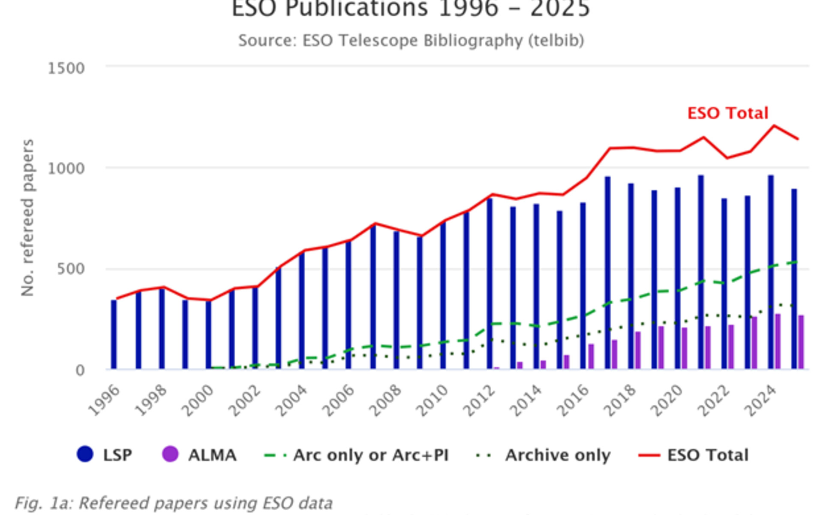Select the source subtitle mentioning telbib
click(411, 41)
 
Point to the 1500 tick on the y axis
click(66, 68)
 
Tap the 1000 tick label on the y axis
click(66, 168)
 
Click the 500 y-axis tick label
click(71, 269)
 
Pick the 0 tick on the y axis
click(80, 370)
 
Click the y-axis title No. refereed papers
click(27, 218)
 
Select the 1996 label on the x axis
click(104, 400)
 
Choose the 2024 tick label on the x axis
click(760, 400)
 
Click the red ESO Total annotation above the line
click(727, 113)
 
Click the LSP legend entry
click(105, 455)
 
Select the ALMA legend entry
click(199, 455)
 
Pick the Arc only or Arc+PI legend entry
click(357, 455)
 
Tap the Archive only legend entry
click(544, 455)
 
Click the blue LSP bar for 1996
click(114, 335)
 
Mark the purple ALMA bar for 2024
click(778, 342)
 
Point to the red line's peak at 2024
click(774, 126)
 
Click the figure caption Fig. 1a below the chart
click(174, 503)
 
